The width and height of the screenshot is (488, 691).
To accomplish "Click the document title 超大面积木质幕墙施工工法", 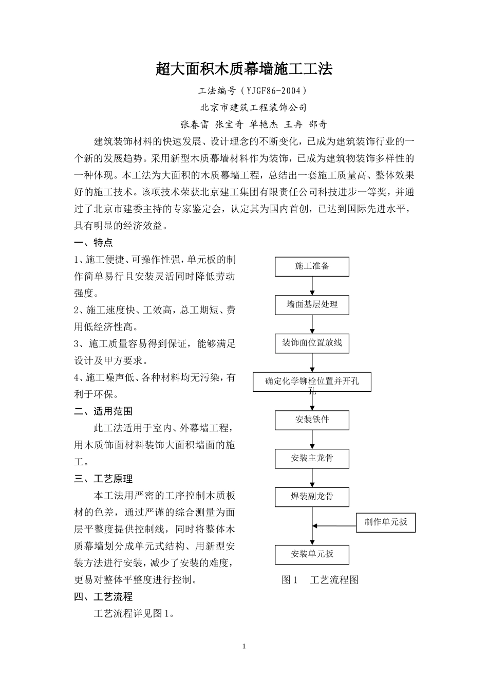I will (x=244, y=69).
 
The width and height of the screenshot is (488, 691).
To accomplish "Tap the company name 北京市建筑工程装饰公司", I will (x=253, y=107).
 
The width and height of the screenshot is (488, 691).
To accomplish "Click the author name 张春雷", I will (x=194, y=124).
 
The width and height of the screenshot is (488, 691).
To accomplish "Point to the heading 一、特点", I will (x=93, y=242).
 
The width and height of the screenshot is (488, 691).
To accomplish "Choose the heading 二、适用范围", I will (x=103, y=411).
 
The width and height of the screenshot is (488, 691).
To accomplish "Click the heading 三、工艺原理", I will (x=103, y=479).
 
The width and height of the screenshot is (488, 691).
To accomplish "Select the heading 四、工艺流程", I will (x=103, y=597).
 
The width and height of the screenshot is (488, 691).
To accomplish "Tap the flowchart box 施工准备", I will (x=312, y=266).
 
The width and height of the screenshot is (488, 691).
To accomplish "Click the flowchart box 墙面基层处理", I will (x=312, y=304).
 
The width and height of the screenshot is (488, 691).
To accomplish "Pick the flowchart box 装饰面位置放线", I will (x=312, y=343).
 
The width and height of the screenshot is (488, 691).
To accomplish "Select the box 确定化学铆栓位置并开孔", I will (x=312, y=382).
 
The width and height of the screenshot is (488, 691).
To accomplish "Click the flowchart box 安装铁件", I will (x=312, y=420).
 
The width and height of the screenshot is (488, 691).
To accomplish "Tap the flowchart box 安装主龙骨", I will (x=312, y=458).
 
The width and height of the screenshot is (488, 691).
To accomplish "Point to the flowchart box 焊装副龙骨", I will (x=312, y=497).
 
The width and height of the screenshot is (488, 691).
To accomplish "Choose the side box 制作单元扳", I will (x=386, y=522).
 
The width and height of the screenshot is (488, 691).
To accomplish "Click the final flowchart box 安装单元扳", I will (x=312, y=554).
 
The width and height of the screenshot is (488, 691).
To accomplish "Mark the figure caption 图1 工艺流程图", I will (x=320, y=580).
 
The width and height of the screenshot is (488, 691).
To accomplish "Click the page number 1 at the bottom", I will (x=244, y=646).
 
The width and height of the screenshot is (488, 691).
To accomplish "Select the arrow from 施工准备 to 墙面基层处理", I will (x=312, y=286).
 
